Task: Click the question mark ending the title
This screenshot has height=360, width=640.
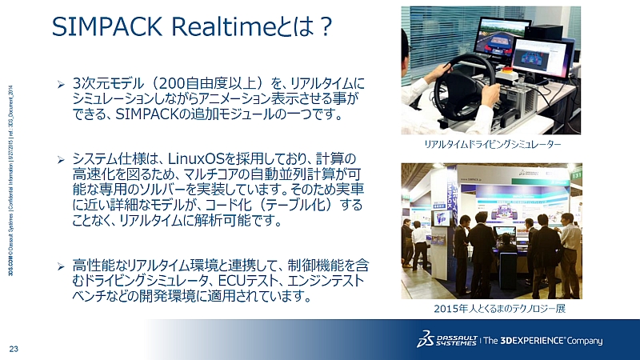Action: [324, 28]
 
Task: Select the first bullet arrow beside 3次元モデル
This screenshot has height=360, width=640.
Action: [59, 83]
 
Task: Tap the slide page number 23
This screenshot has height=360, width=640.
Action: [14, 347]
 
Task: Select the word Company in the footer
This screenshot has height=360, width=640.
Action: [586, 341]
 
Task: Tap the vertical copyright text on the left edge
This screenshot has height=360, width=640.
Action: [7, 184]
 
